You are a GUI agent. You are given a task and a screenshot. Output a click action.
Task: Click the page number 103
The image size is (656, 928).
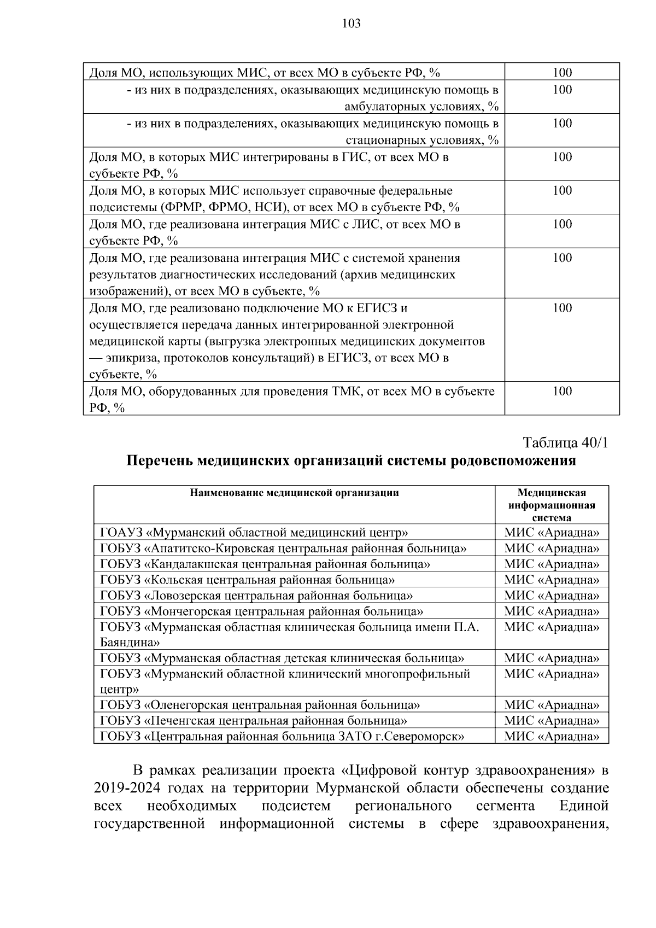pyautogui.click(x=351, y=24)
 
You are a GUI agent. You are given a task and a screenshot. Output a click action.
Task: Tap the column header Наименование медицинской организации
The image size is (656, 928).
pyautogui.click(x=294, y=493)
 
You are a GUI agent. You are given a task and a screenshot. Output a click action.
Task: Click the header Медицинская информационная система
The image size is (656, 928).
pyautogui.click(x=552, y=505)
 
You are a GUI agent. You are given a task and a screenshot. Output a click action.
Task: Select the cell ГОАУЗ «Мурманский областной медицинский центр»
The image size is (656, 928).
pyautogui.click(x=254, y=533)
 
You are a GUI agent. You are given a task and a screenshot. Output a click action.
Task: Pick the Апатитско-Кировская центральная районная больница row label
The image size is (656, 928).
pyautogui.click(x=283, y=548)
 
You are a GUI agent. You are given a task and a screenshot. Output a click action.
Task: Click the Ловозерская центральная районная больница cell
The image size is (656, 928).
pyautogui.click(x=256, y=596)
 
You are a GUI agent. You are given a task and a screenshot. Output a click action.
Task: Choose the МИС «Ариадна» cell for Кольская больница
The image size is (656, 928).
pyautogui.click(x=552, y=580)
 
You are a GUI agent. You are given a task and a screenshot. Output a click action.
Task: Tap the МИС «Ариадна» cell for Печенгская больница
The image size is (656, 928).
pyautogui.click(x=552, y=721)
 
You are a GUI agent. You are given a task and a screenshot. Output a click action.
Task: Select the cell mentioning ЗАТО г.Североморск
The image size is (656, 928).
pyautogui.click(x=282, y=737)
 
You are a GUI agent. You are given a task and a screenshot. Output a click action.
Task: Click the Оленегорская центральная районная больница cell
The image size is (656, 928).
pyautogui.click(x=260, y=705)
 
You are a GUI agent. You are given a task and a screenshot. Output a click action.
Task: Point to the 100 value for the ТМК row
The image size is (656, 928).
pyautogui.click(x=562, y=392)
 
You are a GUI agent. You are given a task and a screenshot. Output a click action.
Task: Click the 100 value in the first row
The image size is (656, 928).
pyautogui.click(x=562, y=73)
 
